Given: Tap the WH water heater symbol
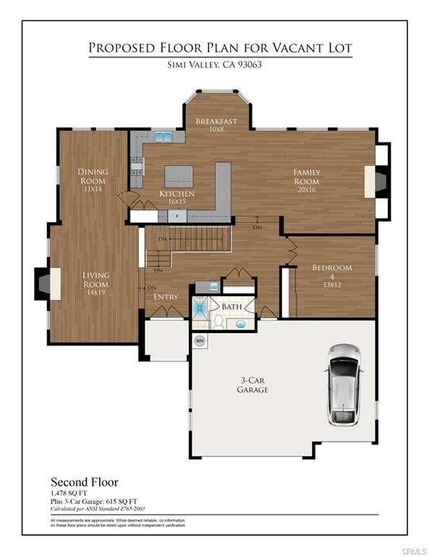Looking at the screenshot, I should (x=199, y=340).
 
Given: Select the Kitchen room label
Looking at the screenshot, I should (x=177, y=194).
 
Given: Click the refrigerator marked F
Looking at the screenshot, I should (x=177, y=216).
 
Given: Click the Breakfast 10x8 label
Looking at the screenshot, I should (x=216, y=125).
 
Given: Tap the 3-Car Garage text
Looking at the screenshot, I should (x=252, y=384).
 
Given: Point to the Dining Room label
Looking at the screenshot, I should (x=93, y=176).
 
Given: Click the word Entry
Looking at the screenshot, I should (x=166, y=297).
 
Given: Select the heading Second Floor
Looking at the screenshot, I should (x=84, y=481).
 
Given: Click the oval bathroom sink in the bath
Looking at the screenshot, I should (x=241, y=324).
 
